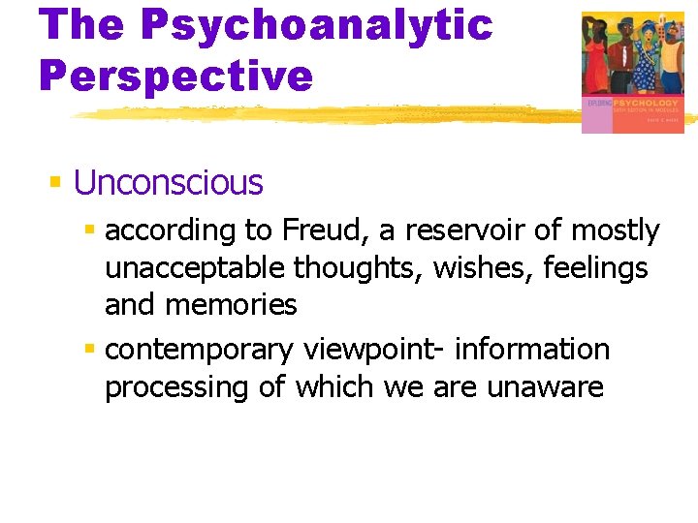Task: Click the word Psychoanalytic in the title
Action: pos(316,24)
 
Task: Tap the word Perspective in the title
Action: pos(176,74)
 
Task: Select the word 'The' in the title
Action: pos(82,24)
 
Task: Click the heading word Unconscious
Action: pos(168,182)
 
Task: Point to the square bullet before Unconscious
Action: pos(56,181)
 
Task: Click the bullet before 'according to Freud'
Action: pos(90,231)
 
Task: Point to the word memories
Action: pos(233,305)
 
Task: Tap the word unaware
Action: pos(545,387)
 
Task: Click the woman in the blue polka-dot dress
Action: pos(648,58)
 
